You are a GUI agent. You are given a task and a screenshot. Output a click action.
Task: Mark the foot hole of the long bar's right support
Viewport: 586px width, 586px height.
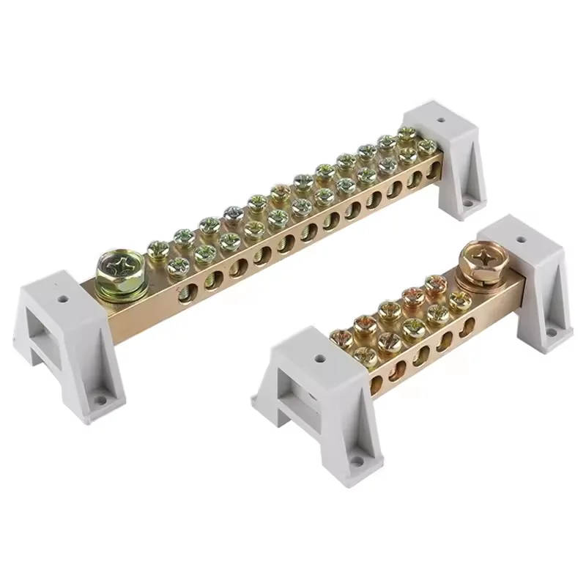point(467,199)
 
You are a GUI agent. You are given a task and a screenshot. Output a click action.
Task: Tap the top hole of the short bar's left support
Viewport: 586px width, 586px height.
point(319,360)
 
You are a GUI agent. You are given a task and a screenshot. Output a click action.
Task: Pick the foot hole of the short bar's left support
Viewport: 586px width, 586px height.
point(357,461)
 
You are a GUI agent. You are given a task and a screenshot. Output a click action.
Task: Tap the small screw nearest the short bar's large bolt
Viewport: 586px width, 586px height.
point(461,299)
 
